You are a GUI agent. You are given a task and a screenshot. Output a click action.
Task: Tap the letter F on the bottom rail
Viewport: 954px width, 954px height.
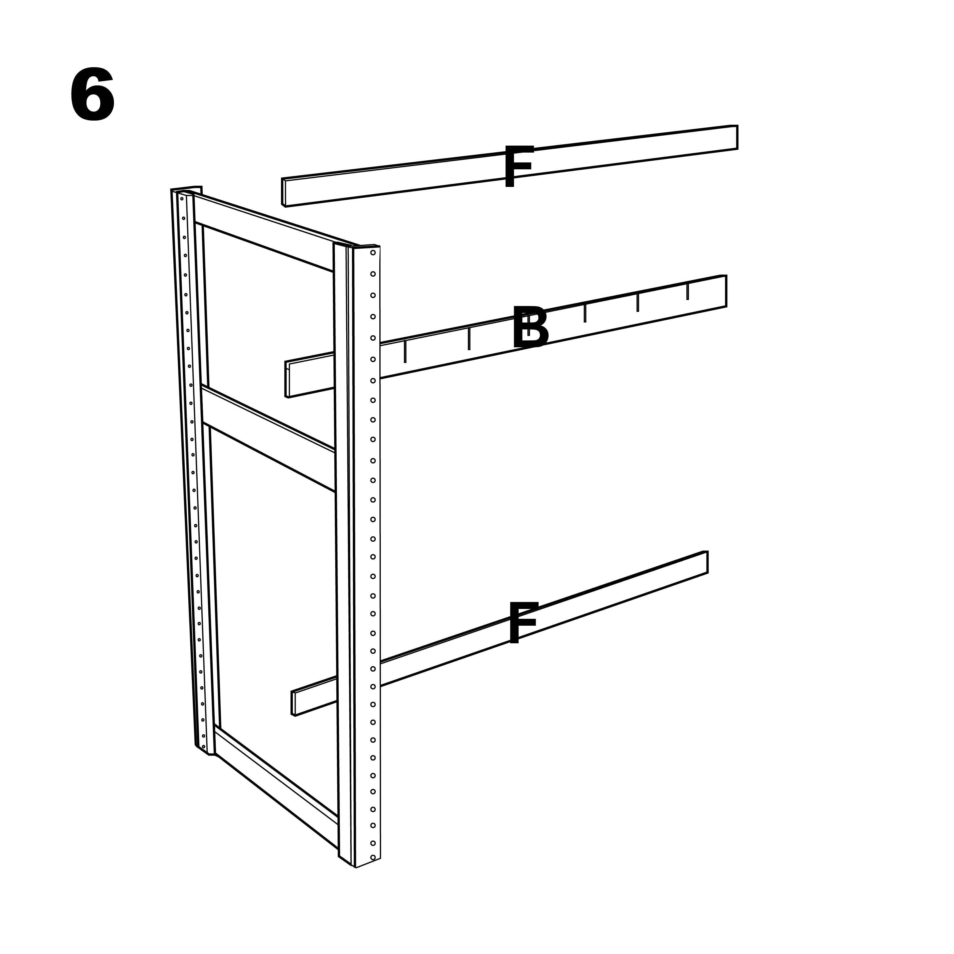tap(522, 622)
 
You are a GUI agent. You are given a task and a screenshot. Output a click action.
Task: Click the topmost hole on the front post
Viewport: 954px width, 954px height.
tap(373, 253)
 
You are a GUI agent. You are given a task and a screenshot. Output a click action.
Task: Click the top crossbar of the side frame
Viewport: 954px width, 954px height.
tap(264, 231)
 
